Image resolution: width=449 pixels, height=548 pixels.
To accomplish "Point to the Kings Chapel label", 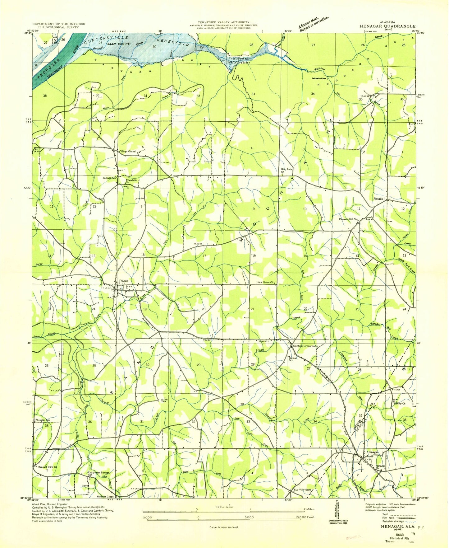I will coord(128,152).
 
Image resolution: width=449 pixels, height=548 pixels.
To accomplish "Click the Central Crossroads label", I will coord(305,346).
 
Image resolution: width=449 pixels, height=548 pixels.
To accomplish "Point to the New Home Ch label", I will coord(265,282).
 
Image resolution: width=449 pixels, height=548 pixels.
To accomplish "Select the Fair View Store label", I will coord(303,489).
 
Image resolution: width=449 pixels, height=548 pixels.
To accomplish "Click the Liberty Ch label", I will coord(400,404).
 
